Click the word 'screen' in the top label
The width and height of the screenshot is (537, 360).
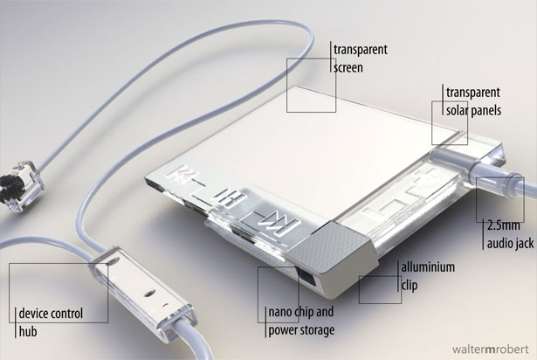coord(348,67)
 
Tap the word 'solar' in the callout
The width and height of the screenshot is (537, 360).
coord(457,110)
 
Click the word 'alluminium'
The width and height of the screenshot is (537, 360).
coord(428,267)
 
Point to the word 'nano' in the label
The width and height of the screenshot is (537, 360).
coord(280,312)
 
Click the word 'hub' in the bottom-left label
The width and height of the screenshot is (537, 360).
coord(28,331)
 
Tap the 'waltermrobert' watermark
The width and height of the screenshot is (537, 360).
coord(491,350)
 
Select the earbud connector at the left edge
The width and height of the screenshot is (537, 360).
coord(21,184)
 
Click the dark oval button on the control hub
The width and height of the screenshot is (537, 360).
coord(149,293)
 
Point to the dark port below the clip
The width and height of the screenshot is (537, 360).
coord(306,275)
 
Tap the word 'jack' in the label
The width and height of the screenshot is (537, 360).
coord(523,244)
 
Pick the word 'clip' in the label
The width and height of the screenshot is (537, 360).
coord(410,285)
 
